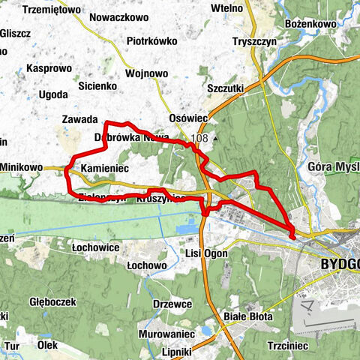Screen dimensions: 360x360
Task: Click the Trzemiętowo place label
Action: pyautogui.click(x=52, y=9)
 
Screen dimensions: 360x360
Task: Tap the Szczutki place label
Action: pyautogui.click(x=226, y=88)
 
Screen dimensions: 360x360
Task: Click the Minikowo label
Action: pyautogui.click(x=22, y=169)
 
